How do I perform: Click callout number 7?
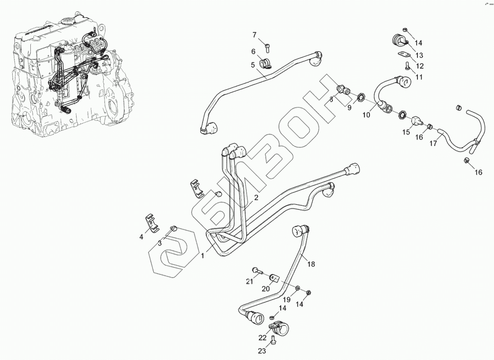(254, 35)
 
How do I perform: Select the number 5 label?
(253, 65)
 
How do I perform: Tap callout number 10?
(366, 115)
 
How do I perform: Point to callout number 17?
(433, 143)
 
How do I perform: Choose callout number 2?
(256, 197)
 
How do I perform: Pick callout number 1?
(203, 256)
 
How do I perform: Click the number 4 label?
(142, 237)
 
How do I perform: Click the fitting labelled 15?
(417, 121)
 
